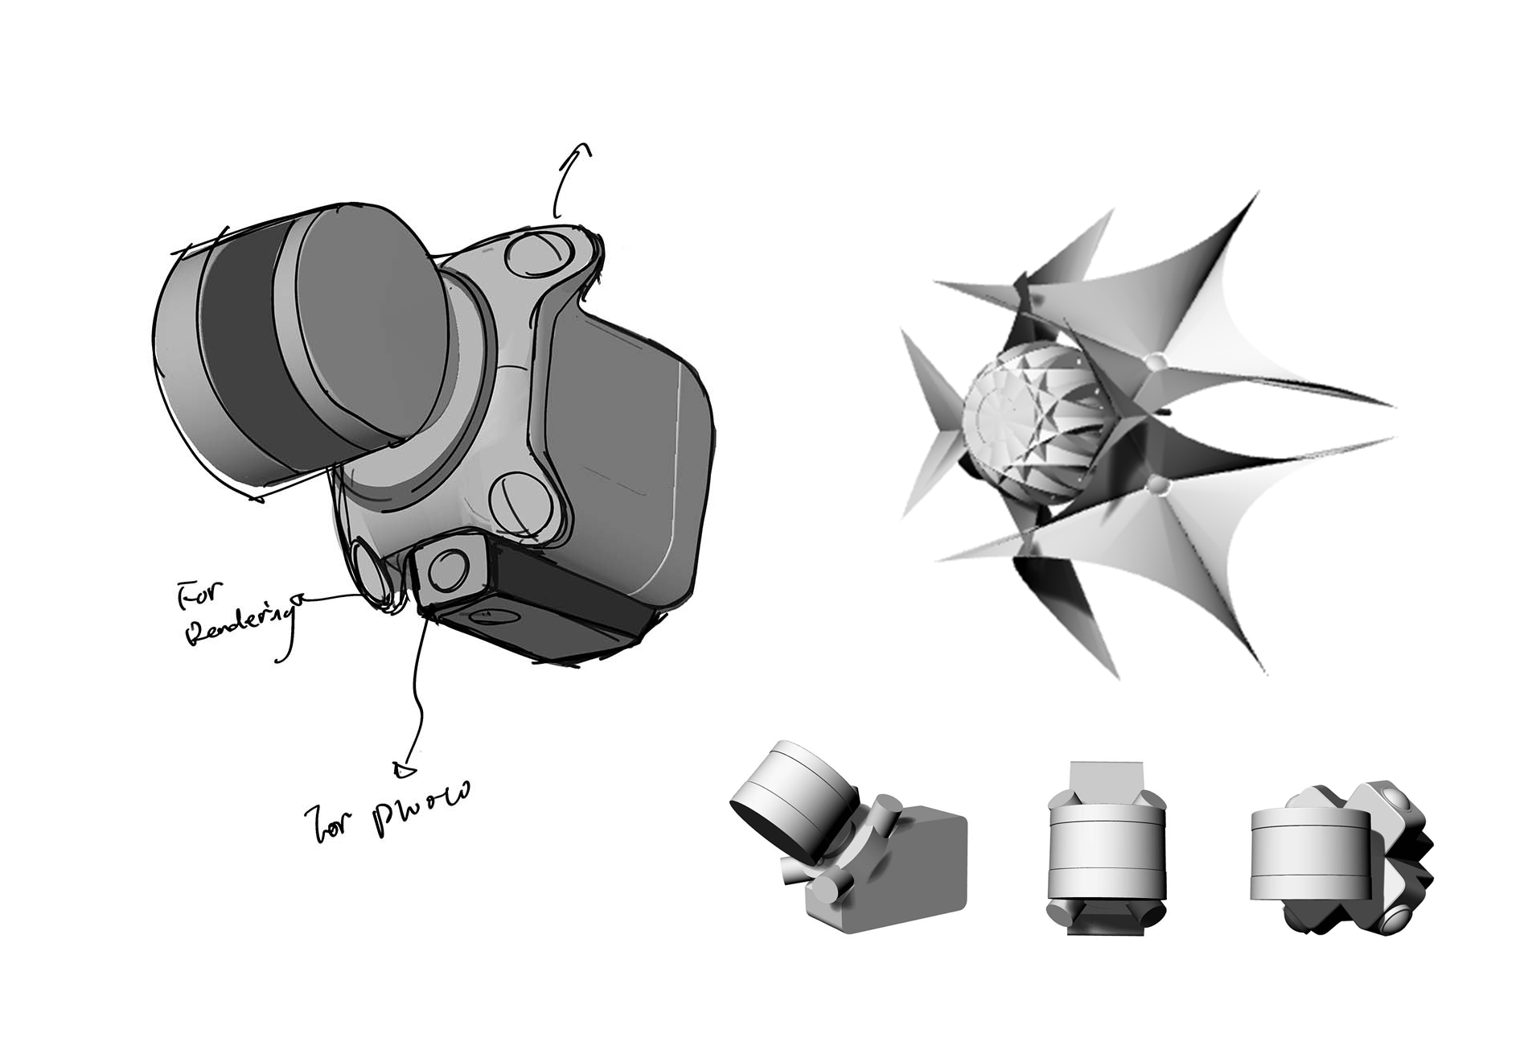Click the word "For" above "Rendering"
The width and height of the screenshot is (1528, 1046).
(x=193, y=597)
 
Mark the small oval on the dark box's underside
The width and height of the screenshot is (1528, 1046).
(x=487, y=616)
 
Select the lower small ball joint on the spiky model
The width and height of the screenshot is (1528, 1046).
(x=1157, y=484)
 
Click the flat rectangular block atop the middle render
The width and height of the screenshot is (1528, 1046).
(x=1107, y=780)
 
